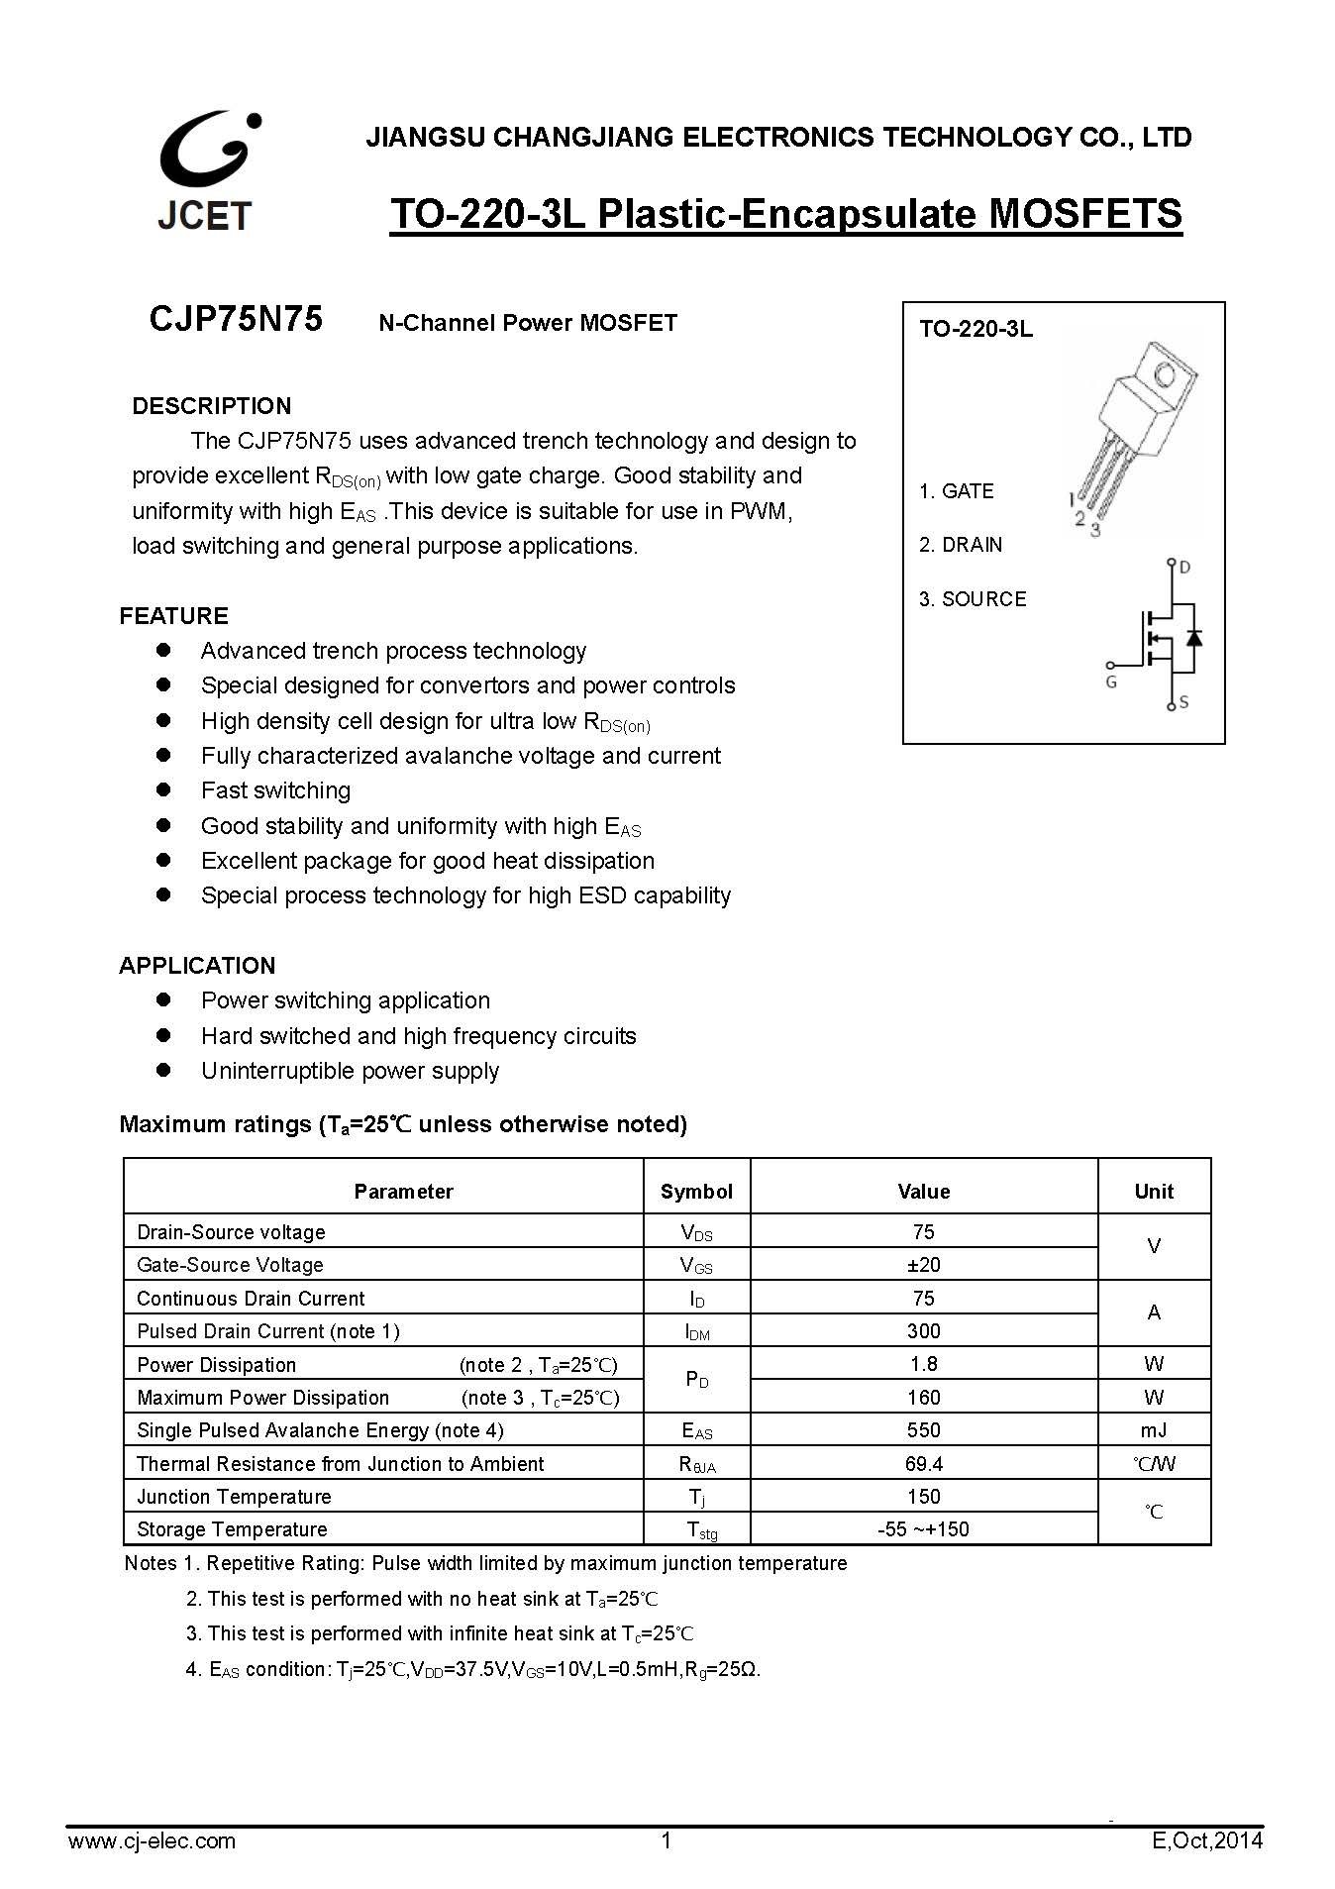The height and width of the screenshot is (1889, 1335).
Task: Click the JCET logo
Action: pos(207,171)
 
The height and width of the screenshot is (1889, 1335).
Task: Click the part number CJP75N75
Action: pos(236,319)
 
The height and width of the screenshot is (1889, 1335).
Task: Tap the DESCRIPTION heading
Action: pos(211,406)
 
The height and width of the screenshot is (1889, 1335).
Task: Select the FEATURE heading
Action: pos(173,616)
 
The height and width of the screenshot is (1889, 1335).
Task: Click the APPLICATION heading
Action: pos(197,966)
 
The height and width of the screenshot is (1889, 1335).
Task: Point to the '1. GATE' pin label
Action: pos(956,491)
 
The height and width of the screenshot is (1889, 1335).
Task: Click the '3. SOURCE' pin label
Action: pos(973,599)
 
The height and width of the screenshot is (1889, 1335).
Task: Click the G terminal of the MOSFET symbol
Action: pos(1111,666)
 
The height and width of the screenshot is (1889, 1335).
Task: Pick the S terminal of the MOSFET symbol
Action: pos(1172,705)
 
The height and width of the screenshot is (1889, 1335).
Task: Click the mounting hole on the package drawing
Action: pos(1165,375)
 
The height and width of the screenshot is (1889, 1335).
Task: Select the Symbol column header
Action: pos(696,1192)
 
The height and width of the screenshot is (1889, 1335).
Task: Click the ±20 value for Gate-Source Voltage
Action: pos(923,1265)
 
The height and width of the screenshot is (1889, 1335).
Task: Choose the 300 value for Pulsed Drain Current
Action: pos(923,1331)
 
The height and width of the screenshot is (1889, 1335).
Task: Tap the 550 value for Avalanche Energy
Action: pos(923,1430)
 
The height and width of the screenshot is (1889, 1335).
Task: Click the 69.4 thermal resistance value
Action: pos(923,1464)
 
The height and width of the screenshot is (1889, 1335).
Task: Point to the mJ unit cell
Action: pos(1154,1430)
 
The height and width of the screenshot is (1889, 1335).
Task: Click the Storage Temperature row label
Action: pos(232,1529)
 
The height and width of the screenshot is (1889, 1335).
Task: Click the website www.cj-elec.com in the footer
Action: pos(152,1840)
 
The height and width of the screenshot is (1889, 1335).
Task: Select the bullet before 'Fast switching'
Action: pos(164,790)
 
